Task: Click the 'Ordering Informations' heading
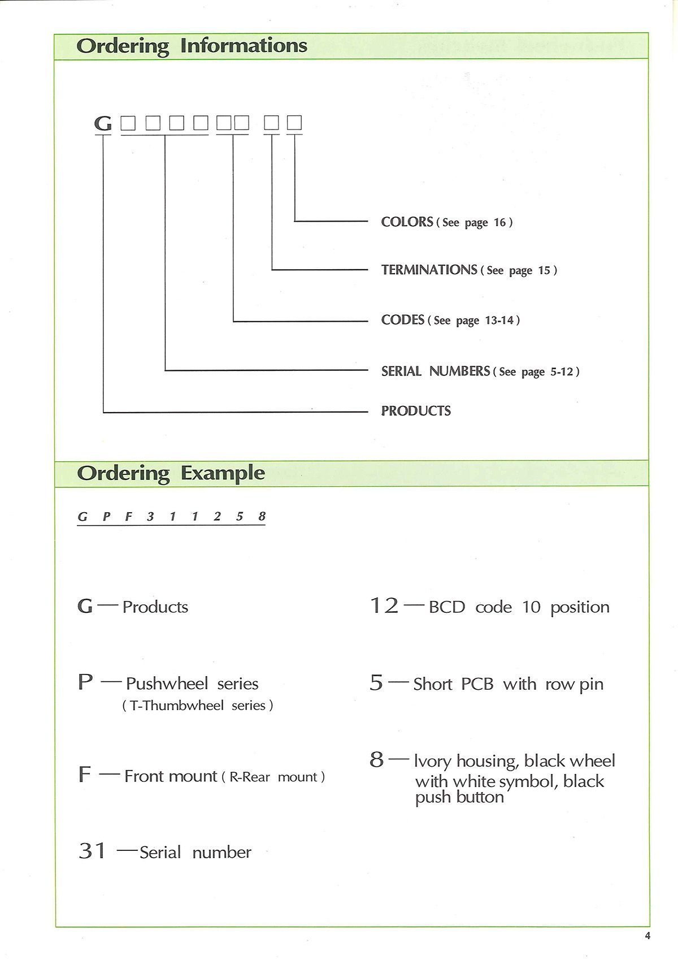pyautogui.click(x=192, y=46)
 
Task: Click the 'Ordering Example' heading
pyautogui.click(x=171, y=473)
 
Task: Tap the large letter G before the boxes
pyautogui.click(x=103, y=123)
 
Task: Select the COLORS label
pyautogui.click(x=407, y=222)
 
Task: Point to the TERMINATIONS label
pyautogui.click(x=429, y=270)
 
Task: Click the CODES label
pyautogui.click(x=402, y=320)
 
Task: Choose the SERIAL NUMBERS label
pyautogui.click(x=435, y=371)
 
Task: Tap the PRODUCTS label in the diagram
pyautogui.click(x=416, y=411)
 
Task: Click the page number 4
pyautogui.click(x=647, y=936)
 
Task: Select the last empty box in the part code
pyautogui.click(x=294, y=123)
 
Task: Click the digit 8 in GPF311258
pyautogui.click(x=262, y=516)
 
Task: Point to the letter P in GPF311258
pyautogui.click(x=106, y=516)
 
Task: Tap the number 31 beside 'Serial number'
pyautogui.click(x=92, y=851)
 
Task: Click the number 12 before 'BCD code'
pyautogui.click(x=384, y=606)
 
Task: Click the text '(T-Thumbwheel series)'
pyautogui.click(x=198, y=706)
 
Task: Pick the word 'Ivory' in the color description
pyautogui.click(x=432, y=762)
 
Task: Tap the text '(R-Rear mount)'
pyautogui.click(x=276, y=777)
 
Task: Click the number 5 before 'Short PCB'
pyautogui.click(x=376, y=683)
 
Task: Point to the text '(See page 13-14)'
pyautogui.click(x=473, y=321)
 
